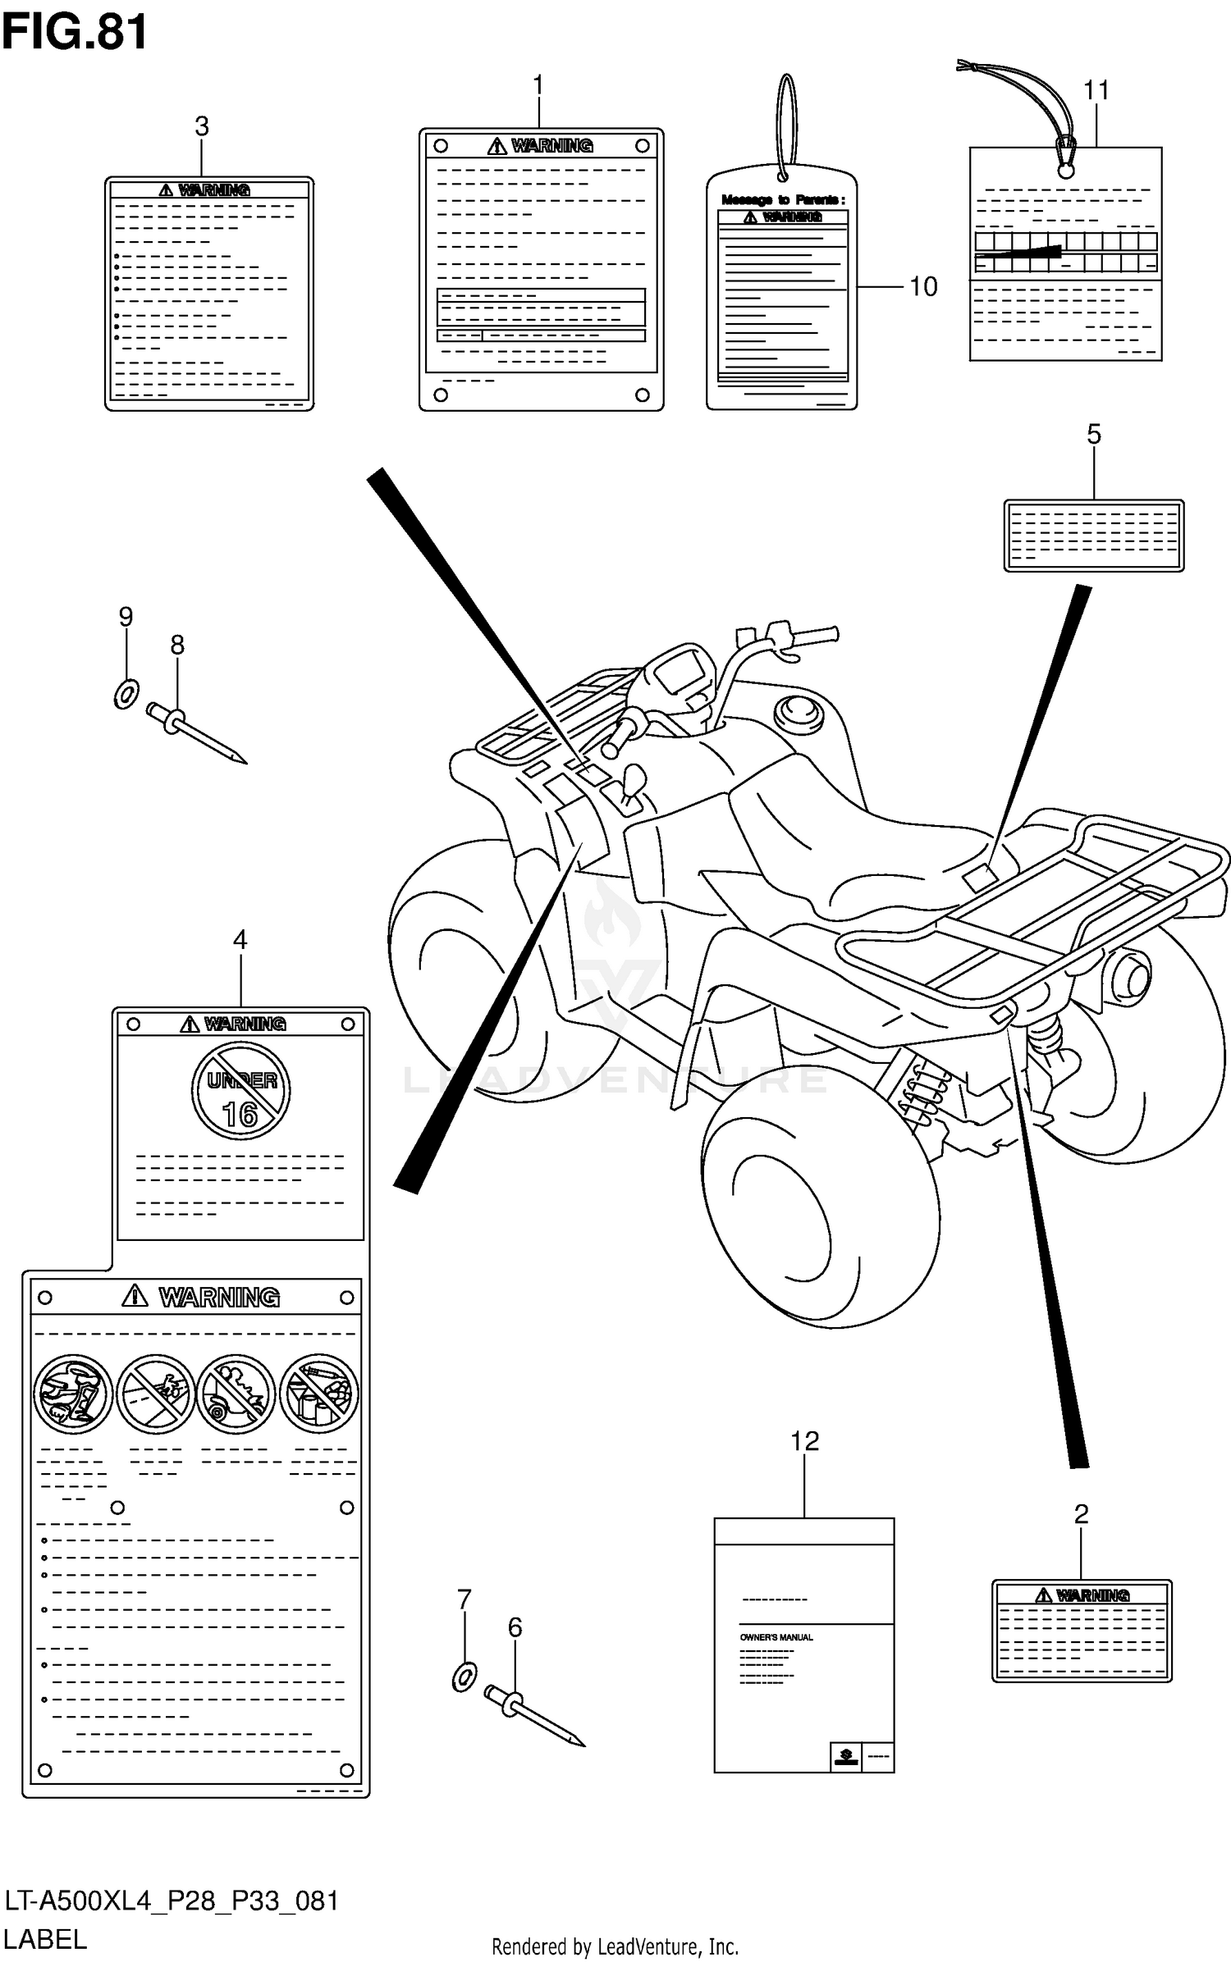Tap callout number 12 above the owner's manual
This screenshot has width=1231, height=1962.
pyautogui.click(x=804, y=1440)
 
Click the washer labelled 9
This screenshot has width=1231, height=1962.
pyautogui.click(x=125, y=694)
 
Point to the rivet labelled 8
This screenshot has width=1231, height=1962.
pyautogui.click(x=195, y=735)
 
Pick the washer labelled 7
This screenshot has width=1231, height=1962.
pyautogui.click(x=464, y=1677)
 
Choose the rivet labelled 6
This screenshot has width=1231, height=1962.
pyautogui.click(x=533, y=1718)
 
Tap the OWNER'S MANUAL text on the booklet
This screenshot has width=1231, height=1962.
pyautogui.click(x=776, y=1637)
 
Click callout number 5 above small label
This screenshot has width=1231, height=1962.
pyautogui.click(x=1093, y=435)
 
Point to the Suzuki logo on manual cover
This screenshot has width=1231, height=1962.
pyautogui.click(x=845, y=1756)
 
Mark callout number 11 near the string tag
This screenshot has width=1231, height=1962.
pyautogui.click(x=1096, y=90)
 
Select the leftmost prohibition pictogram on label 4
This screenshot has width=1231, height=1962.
pyautogui.click(x=72, y=1394)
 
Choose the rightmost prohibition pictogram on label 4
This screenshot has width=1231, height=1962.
pyautogui.click(x=319, y=1394)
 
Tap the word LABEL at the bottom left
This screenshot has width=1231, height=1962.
pyautogui.click(x=45, y=1939)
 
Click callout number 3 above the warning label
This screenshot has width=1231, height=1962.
pyautogui.click(x=201, y=126)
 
